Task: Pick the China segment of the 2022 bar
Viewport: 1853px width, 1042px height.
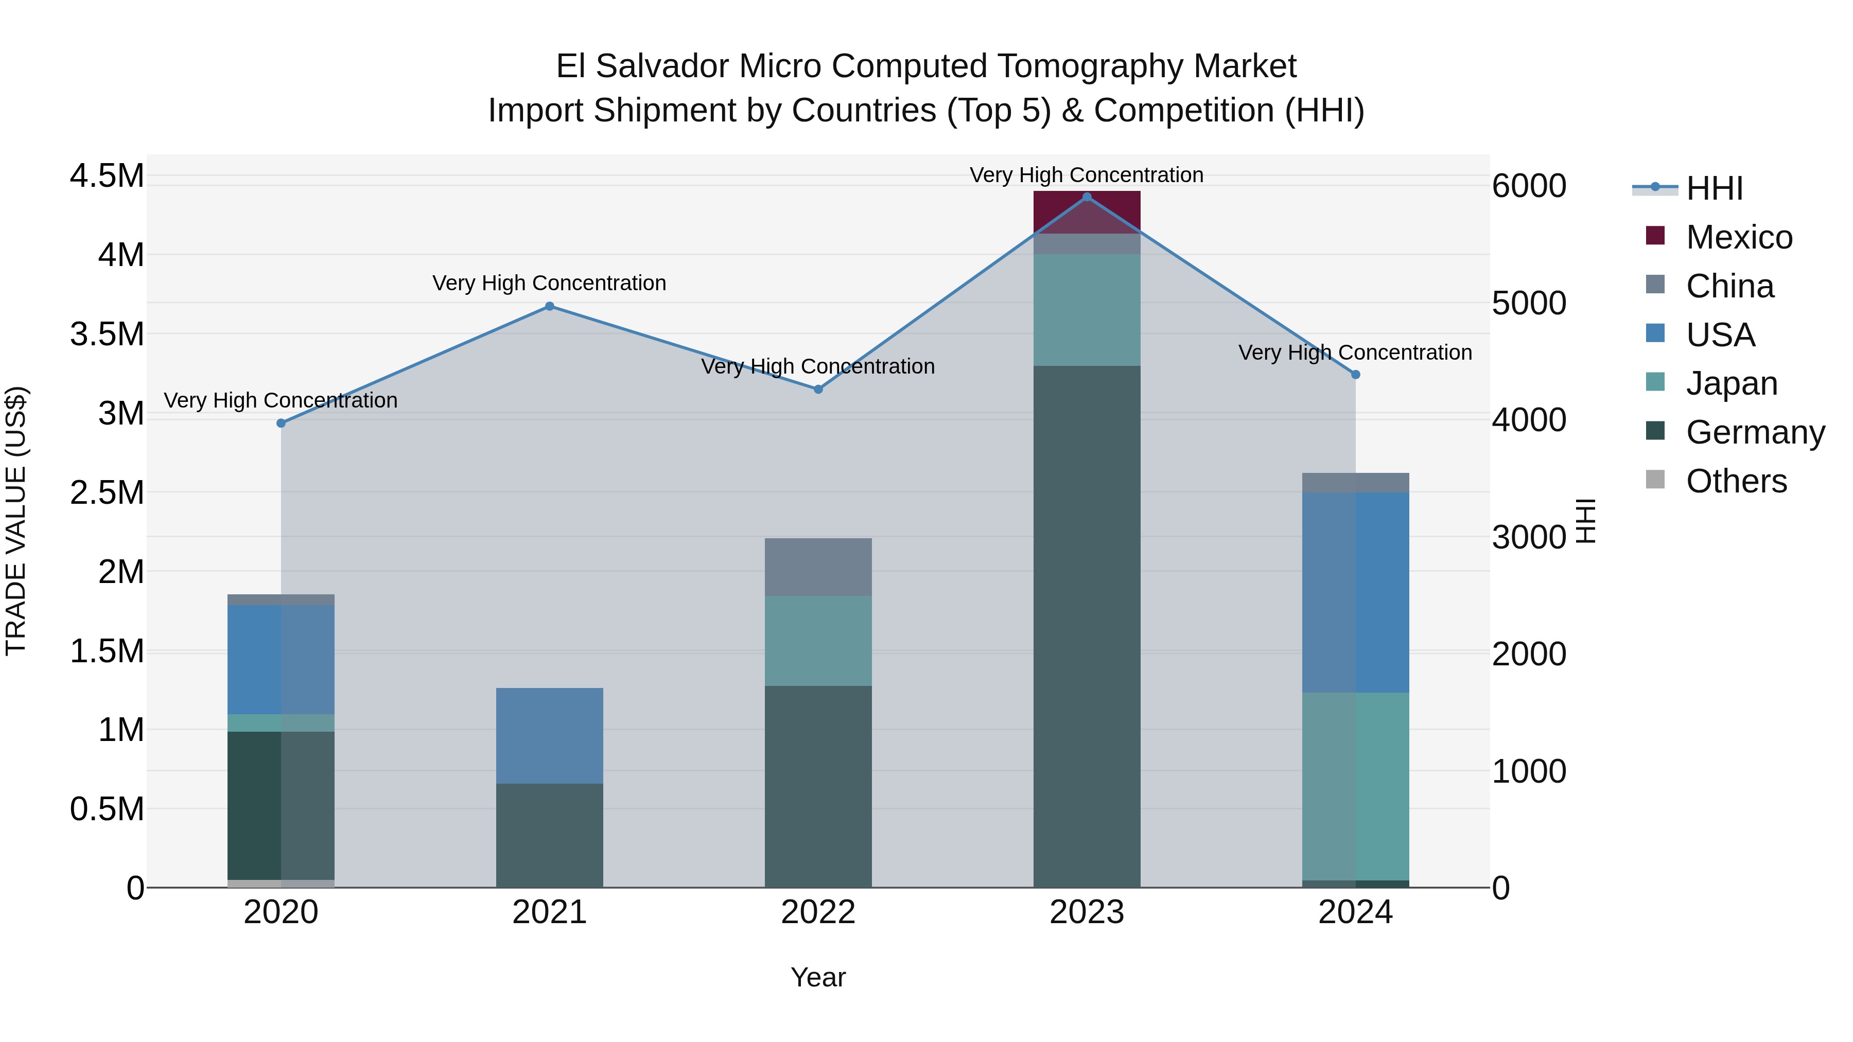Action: [x=818, y=567]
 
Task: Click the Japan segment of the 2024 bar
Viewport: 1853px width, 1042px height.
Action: [x=1355, y=786]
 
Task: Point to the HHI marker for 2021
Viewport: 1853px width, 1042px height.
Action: [x=550, y=306]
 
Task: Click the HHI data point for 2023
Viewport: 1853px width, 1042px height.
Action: [x=1087, y=197]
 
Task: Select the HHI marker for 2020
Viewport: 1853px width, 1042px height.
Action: [x=281, y=423]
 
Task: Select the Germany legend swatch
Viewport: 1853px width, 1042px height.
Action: [x=1655, y=432]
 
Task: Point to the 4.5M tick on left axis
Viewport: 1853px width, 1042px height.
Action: [x=107, y=176]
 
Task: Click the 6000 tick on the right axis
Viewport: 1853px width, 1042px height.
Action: [x=1529, y=186]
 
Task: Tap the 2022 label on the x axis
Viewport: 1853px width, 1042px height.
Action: [x=818, y=912]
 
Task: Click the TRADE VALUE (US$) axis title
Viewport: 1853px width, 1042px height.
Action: [x=16, y=521]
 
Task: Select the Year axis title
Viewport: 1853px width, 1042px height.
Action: [x=818, y=977]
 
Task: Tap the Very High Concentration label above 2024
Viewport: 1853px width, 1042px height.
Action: [x=1355, y=352]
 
